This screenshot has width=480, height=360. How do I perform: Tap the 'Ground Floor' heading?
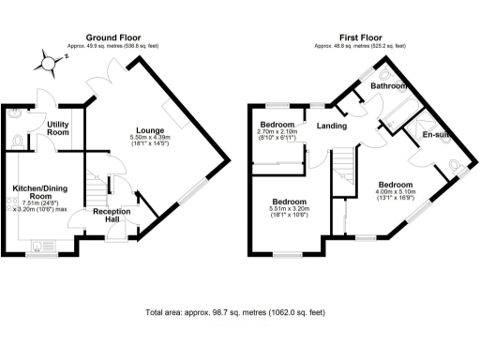[x=112, y=37]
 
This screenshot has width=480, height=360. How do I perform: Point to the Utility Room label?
[x=58, y=127]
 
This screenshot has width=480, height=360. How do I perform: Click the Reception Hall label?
[x=112, y=217]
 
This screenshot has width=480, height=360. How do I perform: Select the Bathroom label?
[x=388, y=86]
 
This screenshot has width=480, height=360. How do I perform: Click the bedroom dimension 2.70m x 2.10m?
[x=277, y=136]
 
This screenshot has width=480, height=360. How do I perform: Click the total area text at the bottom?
[x=236, y=312]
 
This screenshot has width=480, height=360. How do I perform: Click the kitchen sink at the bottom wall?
[x=39, y=247]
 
